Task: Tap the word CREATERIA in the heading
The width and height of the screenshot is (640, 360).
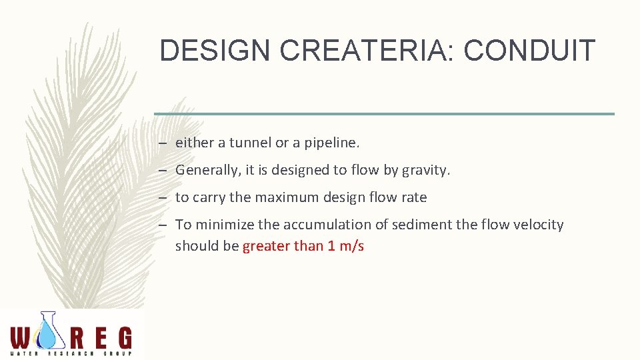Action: click(350, 51)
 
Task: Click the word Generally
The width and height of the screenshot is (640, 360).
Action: click(207, 170)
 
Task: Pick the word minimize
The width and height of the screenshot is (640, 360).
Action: click(236, 225)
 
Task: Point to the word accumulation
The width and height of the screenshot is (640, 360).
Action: click(327, 225)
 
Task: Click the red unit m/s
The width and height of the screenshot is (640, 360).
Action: click(351, 246)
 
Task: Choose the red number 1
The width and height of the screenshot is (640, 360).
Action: click(331, 246)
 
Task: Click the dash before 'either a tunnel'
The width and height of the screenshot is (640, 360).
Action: click(163, 143)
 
